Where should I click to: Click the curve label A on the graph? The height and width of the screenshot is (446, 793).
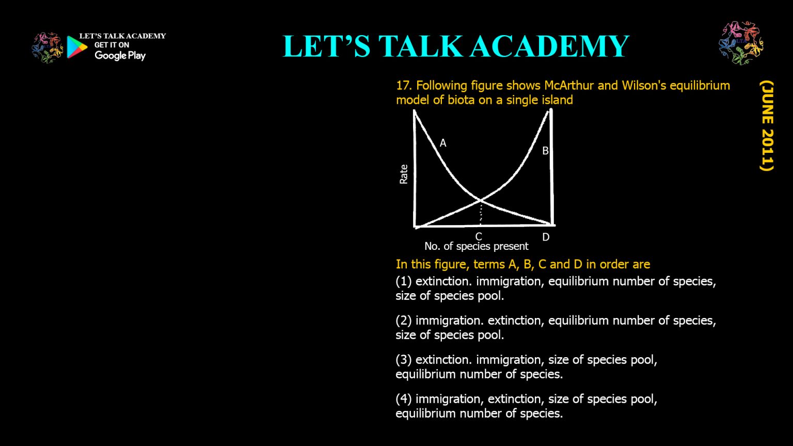point(443,143)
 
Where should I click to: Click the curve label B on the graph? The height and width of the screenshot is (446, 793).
point(545,151)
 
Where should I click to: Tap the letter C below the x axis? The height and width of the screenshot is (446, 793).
point(479,236)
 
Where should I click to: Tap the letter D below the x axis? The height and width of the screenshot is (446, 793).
point(546,237)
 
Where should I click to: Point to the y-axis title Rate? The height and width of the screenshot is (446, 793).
point(404,174)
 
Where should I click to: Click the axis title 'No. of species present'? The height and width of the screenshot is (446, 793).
point(476,246)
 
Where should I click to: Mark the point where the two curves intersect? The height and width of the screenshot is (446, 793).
point(481,200)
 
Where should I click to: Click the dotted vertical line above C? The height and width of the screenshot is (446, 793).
point(481,213)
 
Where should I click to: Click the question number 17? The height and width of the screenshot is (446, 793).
point(403,86)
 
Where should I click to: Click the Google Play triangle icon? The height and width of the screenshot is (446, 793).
point(76,47)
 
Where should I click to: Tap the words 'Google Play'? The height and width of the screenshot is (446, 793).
point(120,56)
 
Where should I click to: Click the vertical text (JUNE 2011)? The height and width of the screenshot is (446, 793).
point(767,125)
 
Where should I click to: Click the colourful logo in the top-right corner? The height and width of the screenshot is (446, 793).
point(741,43)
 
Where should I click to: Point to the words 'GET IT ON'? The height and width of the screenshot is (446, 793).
point(112,45)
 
